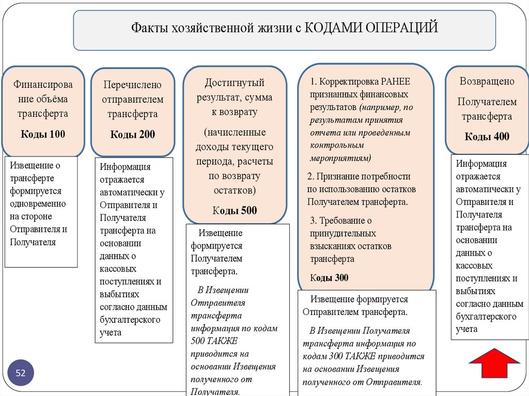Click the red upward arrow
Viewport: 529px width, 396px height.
[x=494, y=365]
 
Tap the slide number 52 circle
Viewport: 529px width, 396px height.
[x=21, y=373]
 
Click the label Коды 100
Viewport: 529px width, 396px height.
[x=43, y=134]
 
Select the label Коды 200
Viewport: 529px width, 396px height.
[x=132, y=135]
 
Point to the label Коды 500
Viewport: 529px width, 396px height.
[x=235, y=210]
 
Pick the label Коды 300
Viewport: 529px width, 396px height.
[x=329, y=278]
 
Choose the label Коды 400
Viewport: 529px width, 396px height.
[x=487, y=136]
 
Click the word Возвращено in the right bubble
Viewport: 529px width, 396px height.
[x=487, y=81]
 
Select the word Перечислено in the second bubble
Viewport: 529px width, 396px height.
[x=132, y=84]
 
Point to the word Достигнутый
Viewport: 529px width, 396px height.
[x=235, y=83]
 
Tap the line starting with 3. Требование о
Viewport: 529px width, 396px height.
[x=341, y=220]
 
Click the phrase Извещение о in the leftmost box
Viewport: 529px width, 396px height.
[x=35, y=165]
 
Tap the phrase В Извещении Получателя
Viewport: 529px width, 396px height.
[x=360, y=330]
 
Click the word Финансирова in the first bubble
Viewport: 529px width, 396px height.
[x=43, y=85]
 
